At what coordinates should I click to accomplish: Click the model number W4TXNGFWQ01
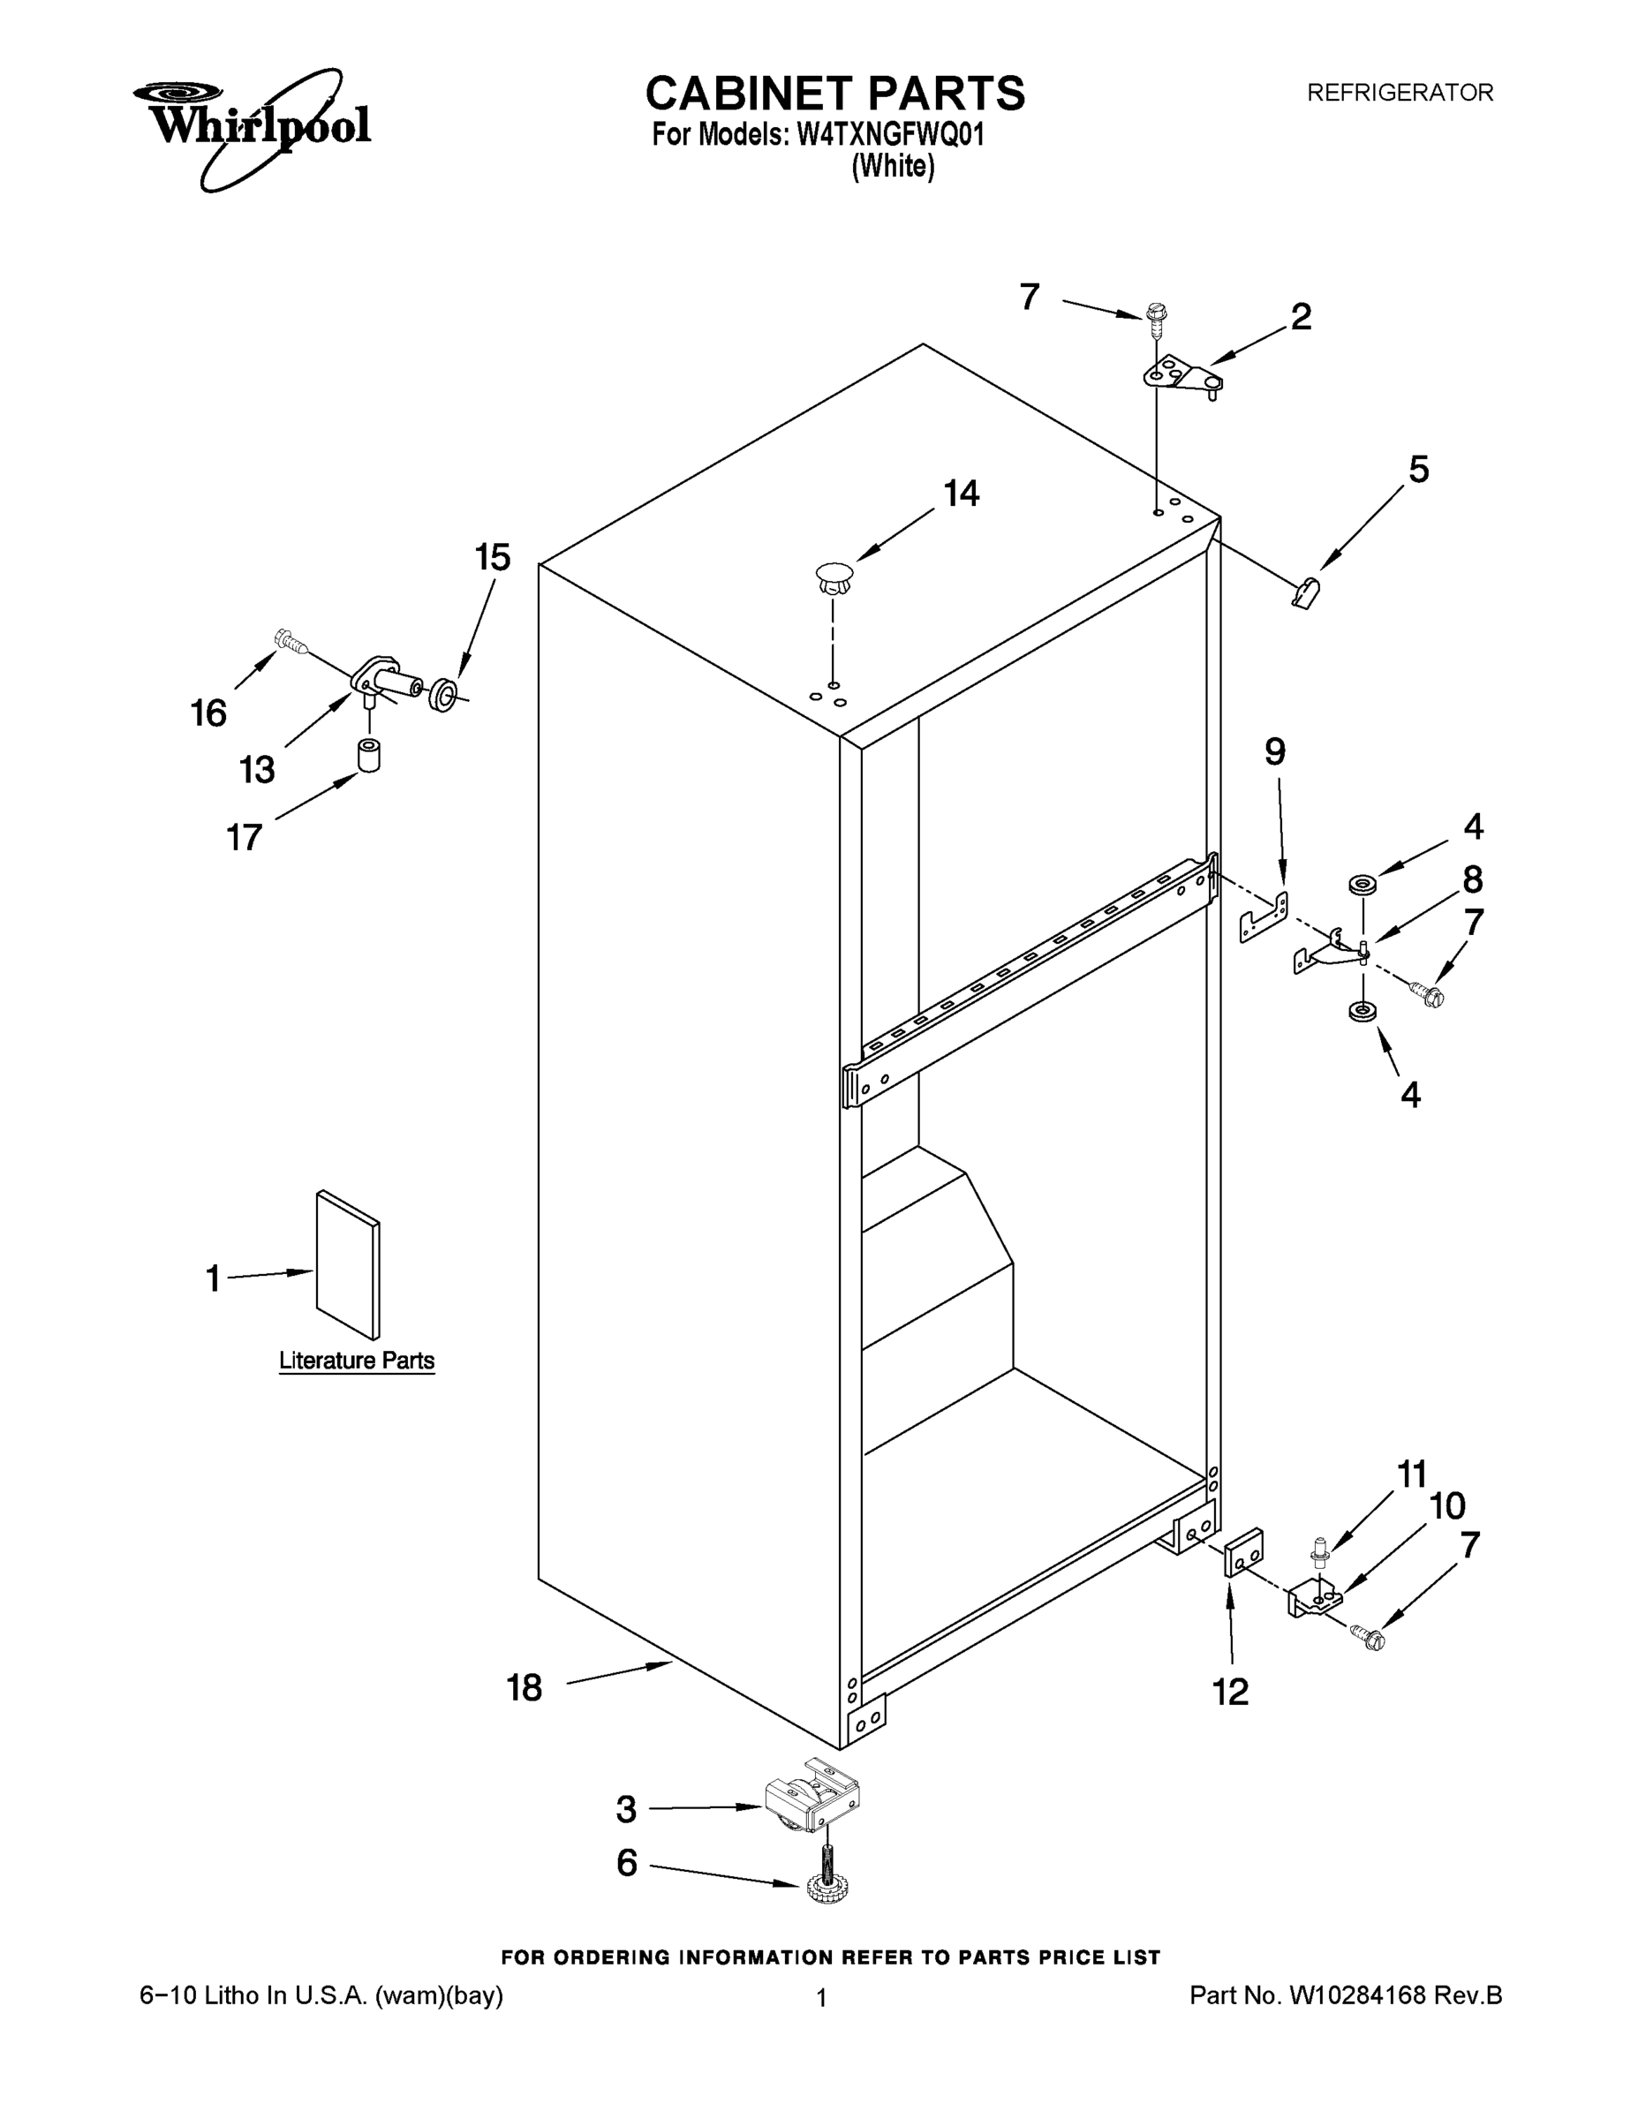tap(890, 134)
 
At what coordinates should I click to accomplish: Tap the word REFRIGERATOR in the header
tap(1400, 93)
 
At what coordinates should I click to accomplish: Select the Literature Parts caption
tap(356, 1361)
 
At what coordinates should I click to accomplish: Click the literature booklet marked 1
tap(347, 1265)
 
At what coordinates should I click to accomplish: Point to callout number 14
tap(961, 494)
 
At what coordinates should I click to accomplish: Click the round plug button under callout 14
tap(834, 577)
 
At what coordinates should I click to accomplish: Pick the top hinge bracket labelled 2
tap(1182, 375)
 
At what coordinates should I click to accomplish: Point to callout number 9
tap(1274, 752)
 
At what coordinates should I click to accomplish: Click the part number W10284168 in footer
tap(1355, 1995)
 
